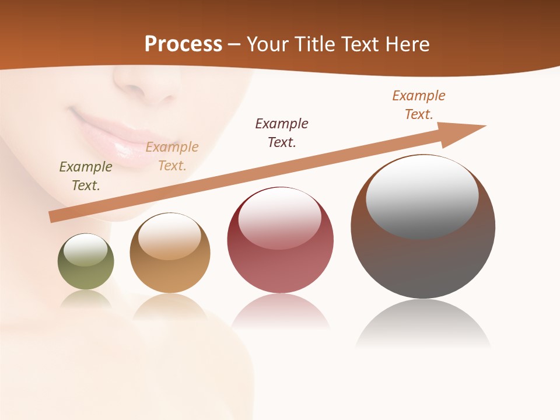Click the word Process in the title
183,44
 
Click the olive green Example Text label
86,176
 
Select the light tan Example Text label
172,156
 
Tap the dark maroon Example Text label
282,132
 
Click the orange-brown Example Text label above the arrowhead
419,105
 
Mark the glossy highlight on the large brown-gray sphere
422,197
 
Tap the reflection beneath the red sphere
281,312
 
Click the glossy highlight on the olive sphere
86,250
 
